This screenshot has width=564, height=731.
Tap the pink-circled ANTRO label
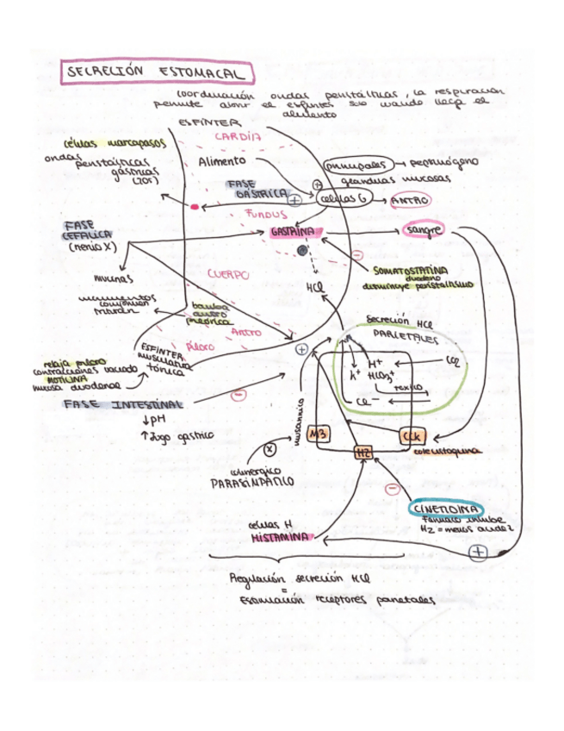[410, 200]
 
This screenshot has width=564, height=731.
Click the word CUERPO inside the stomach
[228, 274]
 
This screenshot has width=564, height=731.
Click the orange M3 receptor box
[317, 432]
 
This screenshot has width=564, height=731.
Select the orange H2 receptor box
[363, 452]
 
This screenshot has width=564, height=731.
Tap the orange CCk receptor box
[411, 435]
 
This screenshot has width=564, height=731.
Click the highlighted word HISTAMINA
[280, 536]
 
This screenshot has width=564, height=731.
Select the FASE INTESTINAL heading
[122, 404]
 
